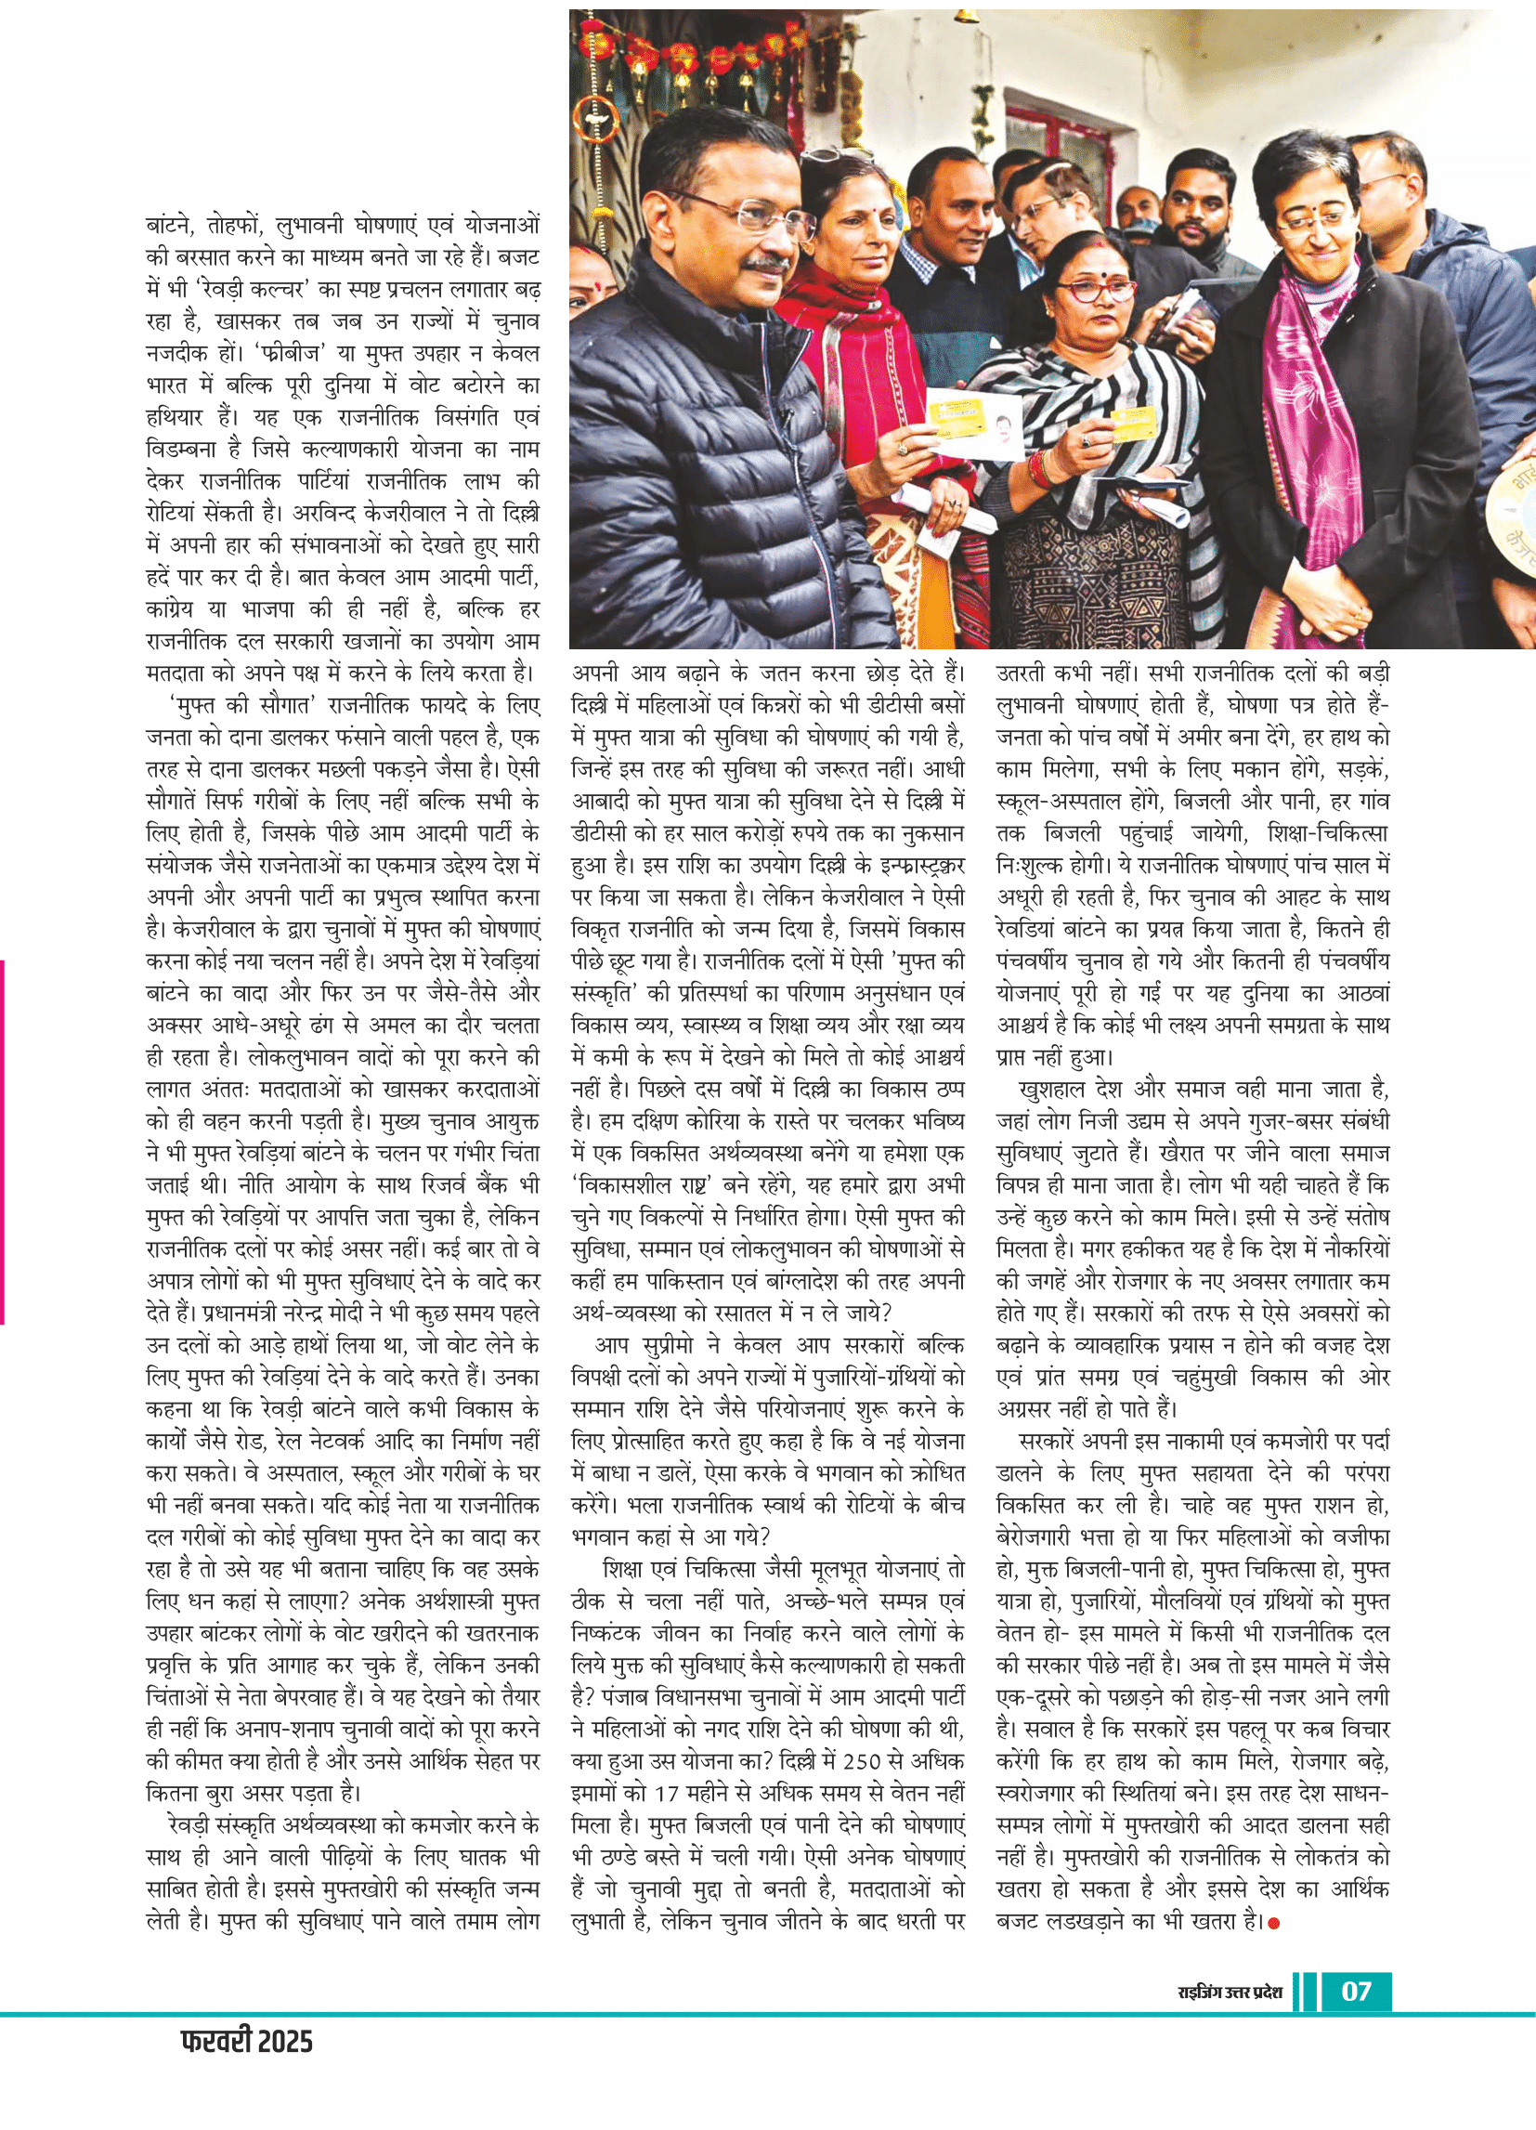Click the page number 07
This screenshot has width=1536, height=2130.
click(x=1356, y=1990)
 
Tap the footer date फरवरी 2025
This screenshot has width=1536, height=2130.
click(x=246, y=2042)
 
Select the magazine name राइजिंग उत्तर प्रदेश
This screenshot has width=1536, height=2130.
click(x=1230, y=1992)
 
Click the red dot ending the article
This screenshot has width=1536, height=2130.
click(x=1274, y=1924)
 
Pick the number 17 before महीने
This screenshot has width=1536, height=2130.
click(x=670, y=1793)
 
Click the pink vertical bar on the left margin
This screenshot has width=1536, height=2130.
click(x=3, y=1141)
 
